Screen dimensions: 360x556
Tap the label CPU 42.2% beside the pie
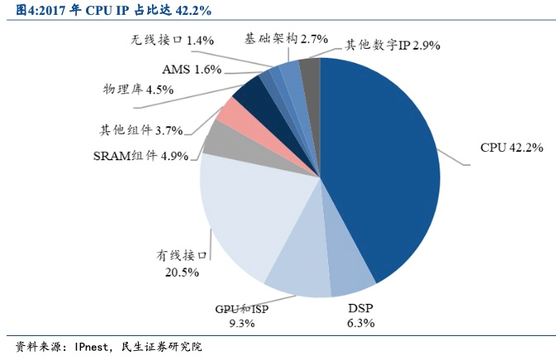511,148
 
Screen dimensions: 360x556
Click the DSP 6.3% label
360,315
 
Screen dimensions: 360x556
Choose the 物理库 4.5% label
138,89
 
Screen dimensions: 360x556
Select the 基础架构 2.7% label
287,38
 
